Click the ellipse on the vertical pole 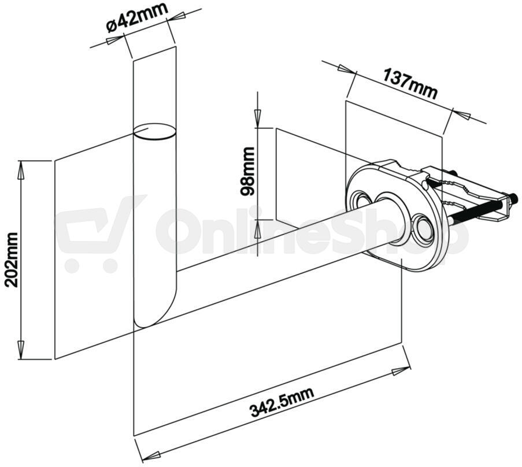point(154,131)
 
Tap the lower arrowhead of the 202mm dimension point(21,350)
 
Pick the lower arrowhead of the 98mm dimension point(257,228)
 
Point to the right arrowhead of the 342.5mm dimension point(401,371)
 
